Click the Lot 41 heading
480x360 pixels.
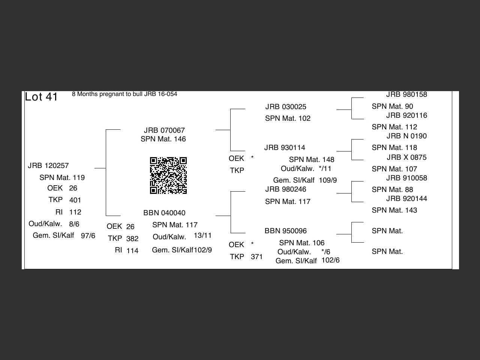coord(41,97)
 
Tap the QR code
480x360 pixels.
coord(168,175)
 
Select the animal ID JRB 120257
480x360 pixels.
coord(48,166)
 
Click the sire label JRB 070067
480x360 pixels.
coord(164,130)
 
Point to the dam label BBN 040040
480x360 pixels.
coord(164,213)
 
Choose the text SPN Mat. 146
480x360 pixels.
coord(163,139)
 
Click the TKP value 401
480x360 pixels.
coord(75,200)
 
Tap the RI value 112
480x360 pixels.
coord(75,212)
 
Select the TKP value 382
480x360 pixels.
coord(132,239)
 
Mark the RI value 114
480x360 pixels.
coord(132,251)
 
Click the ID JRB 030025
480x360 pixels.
coord(286,107)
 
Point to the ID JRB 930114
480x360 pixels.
coord(285,148)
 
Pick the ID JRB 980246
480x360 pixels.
coord(286,189)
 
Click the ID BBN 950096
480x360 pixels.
coord(285,231)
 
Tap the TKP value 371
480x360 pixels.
coord(256,257)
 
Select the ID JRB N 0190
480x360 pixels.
coord(406,136)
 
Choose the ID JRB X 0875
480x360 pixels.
coord(406,157)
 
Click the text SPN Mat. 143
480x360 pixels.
coord(394,210)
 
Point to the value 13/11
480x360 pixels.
coord(202,235)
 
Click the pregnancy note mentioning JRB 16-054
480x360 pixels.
coord(124,94)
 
